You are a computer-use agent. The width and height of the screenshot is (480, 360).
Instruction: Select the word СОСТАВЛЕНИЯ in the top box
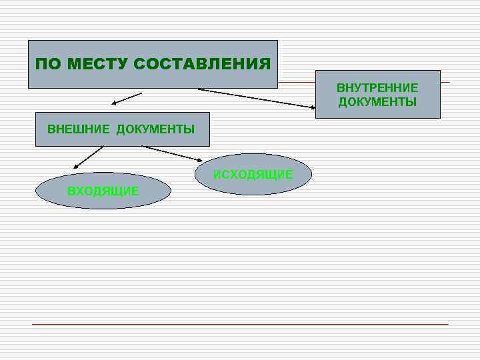[x=202, y=65]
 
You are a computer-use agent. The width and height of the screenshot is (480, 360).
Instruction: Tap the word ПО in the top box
[x=46, y=65]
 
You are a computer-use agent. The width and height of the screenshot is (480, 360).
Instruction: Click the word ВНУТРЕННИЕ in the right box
[x=377, y=88]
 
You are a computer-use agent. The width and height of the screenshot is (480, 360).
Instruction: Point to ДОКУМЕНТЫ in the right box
[x=377, y=102]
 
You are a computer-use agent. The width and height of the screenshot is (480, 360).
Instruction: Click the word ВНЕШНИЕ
[x=78, y=129]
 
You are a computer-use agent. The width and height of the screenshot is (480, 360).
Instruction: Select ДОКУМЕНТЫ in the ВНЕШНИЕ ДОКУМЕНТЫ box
[x=155, y=129]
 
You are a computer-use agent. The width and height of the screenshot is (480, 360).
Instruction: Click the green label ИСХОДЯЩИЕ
[x=253, y=175]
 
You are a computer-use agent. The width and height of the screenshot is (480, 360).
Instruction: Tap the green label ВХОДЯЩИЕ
[x=103, y=191]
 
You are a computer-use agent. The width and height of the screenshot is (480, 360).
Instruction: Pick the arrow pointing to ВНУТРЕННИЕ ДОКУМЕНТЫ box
[x=257, y=98]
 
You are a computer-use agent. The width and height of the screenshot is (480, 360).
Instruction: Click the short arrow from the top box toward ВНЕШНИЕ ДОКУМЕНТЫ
[x=127, y=99]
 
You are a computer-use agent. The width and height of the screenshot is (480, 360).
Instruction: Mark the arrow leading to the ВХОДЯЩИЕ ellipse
[x=88, y=157]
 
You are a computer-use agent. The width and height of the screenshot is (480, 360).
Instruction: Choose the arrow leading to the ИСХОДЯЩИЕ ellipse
[x=172, y=153]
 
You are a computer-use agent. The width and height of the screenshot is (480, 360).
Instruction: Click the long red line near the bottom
[x=240, y=324]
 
